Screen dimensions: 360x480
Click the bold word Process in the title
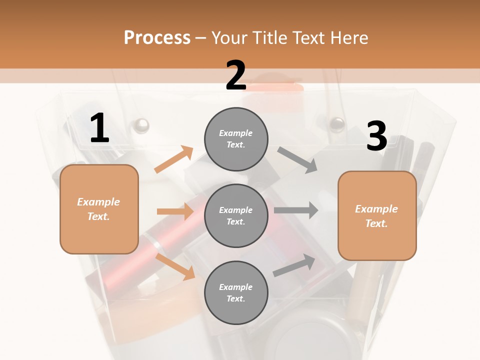pyautogui.click(x=157, y=38)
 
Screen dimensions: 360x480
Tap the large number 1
pyautogui.click(x=99, y=128)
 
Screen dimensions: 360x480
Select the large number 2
pyautogui.click(x=236, y=75)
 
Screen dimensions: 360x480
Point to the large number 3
pyautogui.click(x=376, y=136)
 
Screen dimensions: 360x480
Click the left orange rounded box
pyautogui.click(x=99, y=209)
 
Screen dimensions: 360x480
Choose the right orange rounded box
pyautogui.click(x=377, y=215)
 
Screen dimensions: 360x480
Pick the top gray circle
pyautogui.click(x=236, y=138)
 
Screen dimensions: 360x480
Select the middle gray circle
pyautogui.click(x=236, y=215)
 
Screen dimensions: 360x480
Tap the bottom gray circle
pyautogui.click(x=236, y=292)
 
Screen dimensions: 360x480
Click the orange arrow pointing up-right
pyautogui.click(x=173, y=159)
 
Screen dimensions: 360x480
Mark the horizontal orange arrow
pyautogui.click(x=175, y=211)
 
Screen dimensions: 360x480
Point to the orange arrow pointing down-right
pyautogui.click(x=175, y=266)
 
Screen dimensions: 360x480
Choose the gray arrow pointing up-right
pyautogui.click(x=294, y=265)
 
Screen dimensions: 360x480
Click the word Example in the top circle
pyautogui.click(x=236, y=133)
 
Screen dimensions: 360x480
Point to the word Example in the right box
pyautogui.click(x=376, y=209)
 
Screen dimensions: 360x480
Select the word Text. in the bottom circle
pyautogui.click(x=236, y=298)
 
